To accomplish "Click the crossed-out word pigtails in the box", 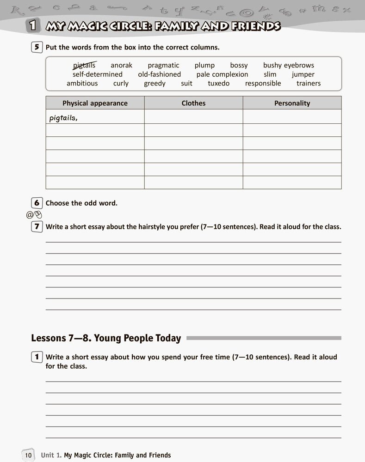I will click(x=84, y=65).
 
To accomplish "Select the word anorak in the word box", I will click(x=121, y=65).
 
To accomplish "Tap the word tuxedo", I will click(x=218, y=84).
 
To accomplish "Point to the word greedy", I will click(x=155, y=84).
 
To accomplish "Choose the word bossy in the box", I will click(x=239, y=65).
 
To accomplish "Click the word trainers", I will click(x=309, y=84).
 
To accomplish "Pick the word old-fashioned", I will click(x=159, y=74).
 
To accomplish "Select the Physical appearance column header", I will click(x=95, y=103).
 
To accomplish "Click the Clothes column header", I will click(x=193, y=103).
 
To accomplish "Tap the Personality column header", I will click(x=292, y=103).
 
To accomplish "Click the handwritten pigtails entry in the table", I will click(x=63, y=118).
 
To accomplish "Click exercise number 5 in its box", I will click(x=36, y=47).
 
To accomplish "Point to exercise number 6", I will click(x=36, y=203).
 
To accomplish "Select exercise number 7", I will click(x=36, y=227).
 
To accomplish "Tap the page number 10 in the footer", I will click(x=27, y=455).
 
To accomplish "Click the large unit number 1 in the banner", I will click(x=32, y=26).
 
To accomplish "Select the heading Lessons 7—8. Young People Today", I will click(x=106, y=338).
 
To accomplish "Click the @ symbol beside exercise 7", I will click(x=30, y=215).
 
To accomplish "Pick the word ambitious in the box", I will click(x=82, y=84).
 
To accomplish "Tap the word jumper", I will click(x=303, y=74).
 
